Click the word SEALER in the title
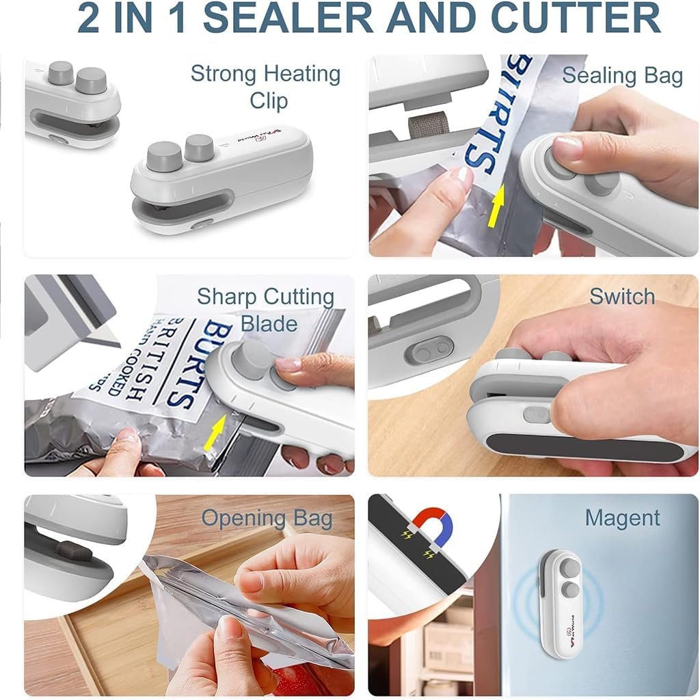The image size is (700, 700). coord(287,18)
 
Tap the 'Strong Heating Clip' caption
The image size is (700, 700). coord(265,86)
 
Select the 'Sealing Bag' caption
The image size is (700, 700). coord(622,76)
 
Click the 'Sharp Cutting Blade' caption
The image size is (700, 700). coord(265,310)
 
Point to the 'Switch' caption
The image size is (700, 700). coord(622,297)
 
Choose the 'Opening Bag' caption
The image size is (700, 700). coord(267,518)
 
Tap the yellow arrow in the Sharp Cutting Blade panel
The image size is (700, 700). coord(216,432)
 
